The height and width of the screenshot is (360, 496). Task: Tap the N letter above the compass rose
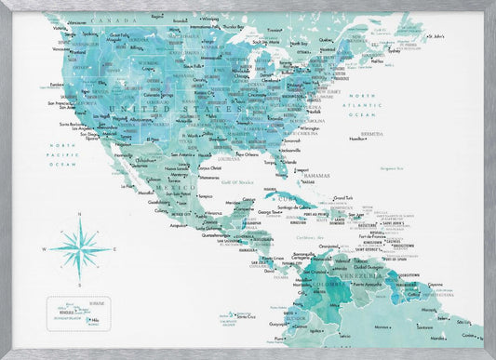[x=80, y=216]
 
